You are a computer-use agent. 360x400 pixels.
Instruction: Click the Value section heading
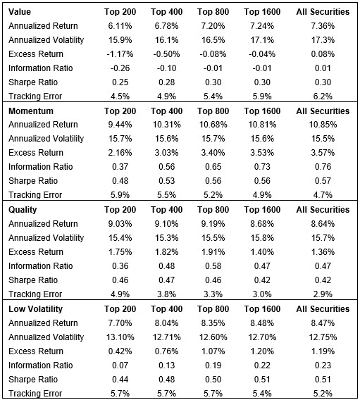pyautogui.click(x=20, y=12)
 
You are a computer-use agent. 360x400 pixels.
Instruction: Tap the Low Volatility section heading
pyautogui.click(x=35, y=308)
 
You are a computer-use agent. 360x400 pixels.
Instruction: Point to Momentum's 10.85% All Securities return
pyautogui.click(x=323, y=125)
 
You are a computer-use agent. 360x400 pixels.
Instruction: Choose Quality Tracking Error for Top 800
pyautogui.click(x=213, y=294)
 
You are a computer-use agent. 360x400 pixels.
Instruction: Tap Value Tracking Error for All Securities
pyautogui.click(x=323, y=96)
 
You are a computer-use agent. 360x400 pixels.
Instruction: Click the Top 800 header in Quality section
pyautogui.click(x=213, y=210)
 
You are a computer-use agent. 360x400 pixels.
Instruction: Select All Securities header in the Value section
pyautogui.click(x=323, y=12)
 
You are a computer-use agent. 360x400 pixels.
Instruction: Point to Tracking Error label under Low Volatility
pyautogui.click(x=35, y=393)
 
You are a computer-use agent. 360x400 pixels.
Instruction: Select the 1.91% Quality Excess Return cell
pyautogui.click(x=213, y=251)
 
